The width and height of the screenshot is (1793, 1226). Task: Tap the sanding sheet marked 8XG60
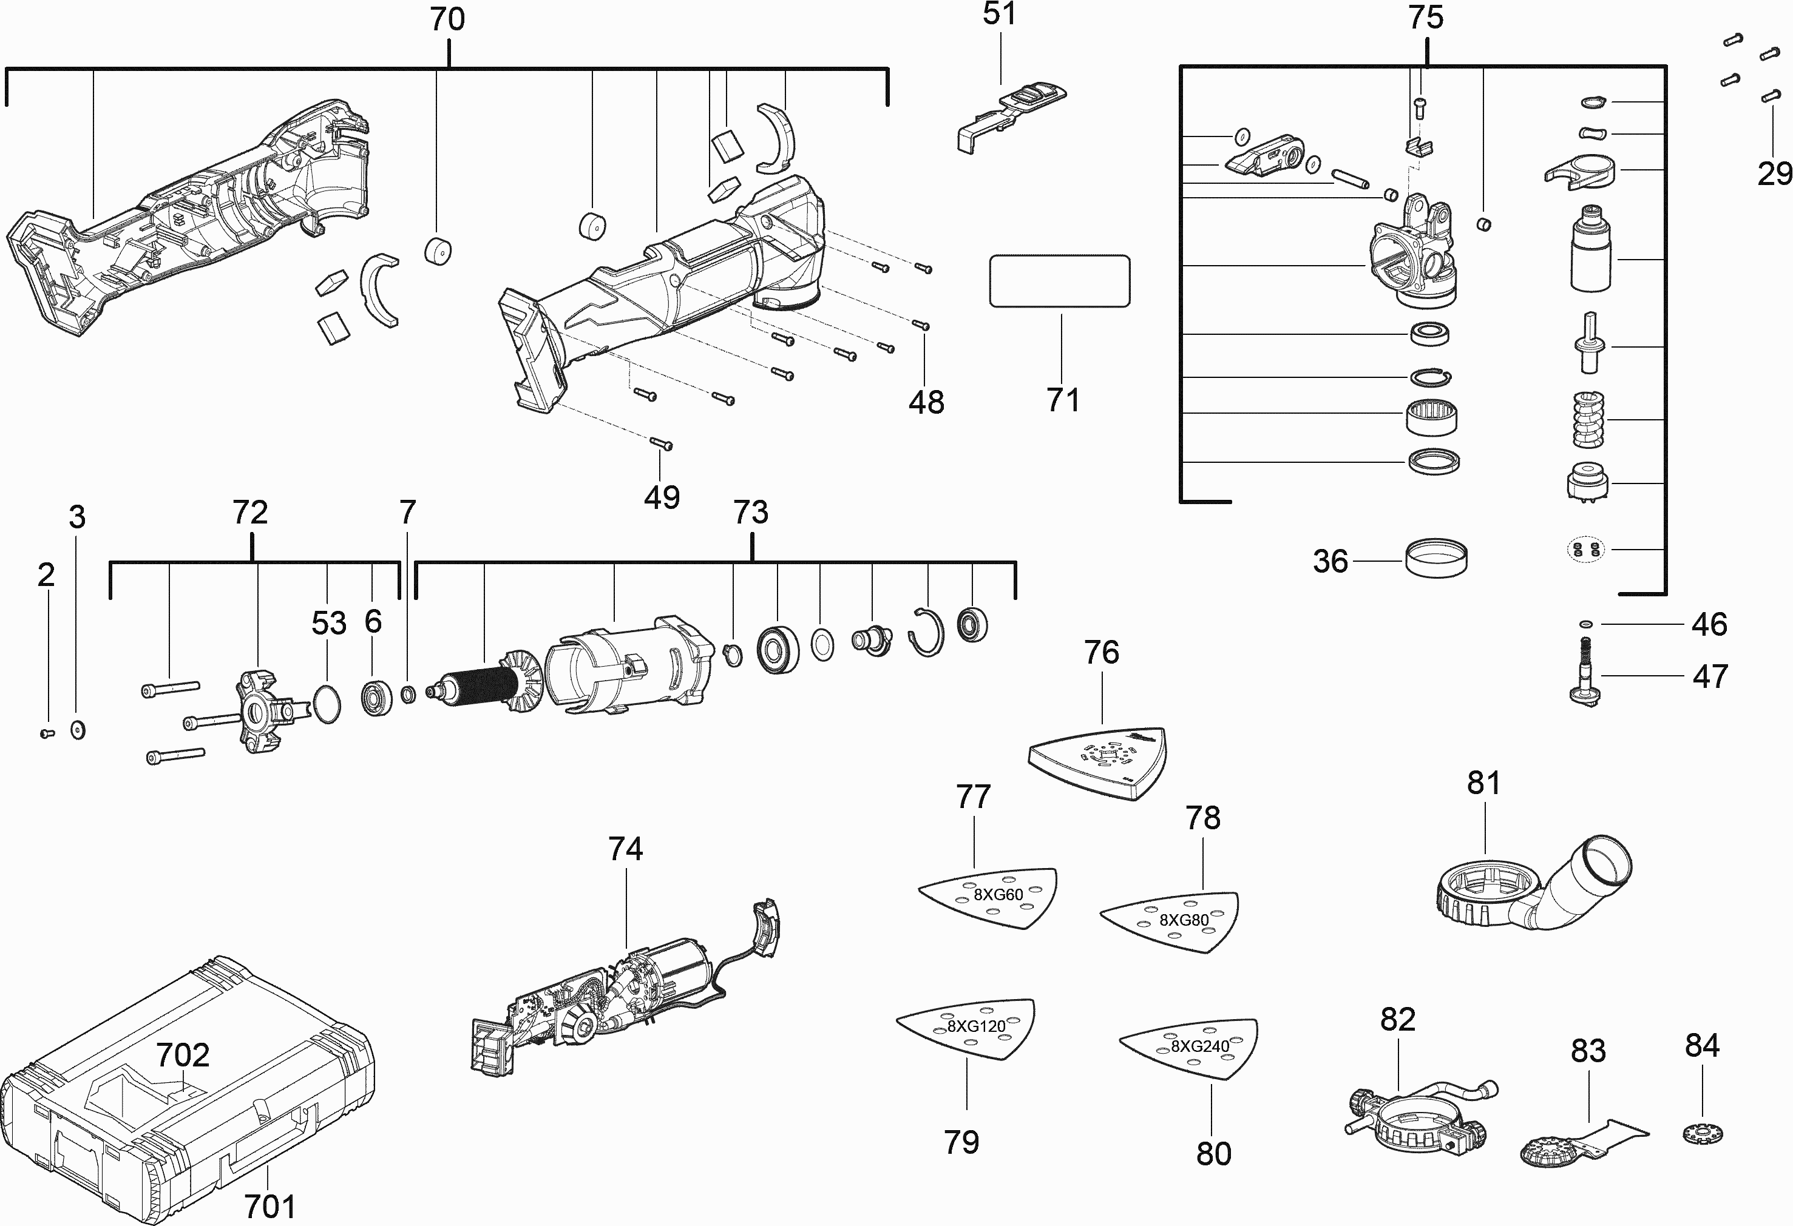coord(988,898)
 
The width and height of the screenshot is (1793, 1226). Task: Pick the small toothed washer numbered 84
coord(1702,1133)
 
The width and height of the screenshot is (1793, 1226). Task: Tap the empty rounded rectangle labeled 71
coord(1059,281)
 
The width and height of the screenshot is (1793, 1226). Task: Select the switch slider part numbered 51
coord(1011,116)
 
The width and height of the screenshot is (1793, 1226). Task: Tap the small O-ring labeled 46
coord(1585,624)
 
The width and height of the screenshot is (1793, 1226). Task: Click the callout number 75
coord(1426,17)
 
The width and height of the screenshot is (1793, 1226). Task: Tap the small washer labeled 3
coord(77,729)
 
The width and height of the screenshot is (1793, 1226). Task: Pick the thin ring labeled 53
coord(327,702)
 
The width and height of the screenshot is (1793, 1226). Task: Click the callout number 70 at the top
coord(447,19)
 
